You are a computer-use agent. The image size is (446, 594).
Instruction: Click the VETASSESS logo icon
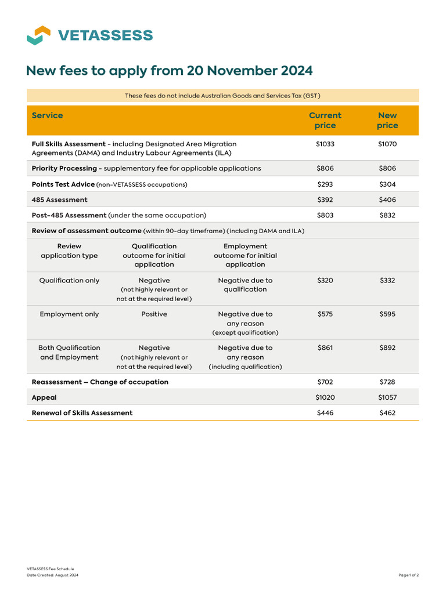coord(38,35)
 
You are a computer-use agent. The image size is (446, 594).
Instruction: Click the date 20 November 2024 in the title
coord(250,71)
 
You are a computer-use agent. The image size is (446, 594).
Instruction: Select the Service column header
coord(47,115)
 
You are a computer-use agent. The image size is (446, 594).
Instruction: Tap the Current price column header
coord(325,120)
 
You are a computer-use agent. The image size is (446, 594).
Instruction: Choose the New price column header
coord(387,120)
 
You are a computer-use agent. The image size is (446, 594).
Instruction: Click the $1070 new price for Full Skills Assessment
coord(387,144)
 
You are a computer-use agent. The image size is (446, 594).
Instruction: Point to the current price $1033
coord(325,144)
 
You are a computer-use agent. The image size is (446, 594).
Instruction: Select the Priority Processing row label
coord(64,168)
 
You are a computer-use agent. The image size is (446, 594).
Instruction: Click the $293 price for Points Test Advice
coord(325,184)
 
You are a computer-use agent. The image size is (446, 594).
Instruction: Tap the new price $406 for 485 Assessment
coord(387,200)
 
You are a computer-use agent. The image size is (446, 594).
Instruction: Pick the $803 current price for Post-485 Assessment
coord(325,215)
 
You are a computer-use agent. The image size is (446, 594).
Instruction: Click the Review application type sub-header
coord(69,251)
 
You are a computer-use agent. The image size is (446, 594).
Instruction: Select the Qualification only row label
coord(69,281)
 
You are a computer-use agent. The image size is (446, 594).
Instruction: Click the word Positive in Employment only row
coord(154,314)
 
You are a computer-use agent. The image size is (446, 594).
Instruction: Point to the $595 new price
coord(387,314)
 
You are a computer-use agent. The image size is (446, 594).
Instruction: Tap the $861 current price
coord(325,348)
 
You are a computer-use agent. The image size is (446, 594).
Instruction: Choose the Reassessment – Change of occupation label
coord(100,382)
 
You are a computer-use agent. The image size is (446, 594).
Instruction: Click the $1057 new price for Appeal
coord(387,398)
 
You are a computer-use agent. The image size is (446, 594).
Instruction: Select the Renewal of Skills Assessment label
coord(82,413)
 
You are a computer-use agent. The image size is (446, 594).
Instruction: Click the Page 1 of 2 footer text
coord(408,575)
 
